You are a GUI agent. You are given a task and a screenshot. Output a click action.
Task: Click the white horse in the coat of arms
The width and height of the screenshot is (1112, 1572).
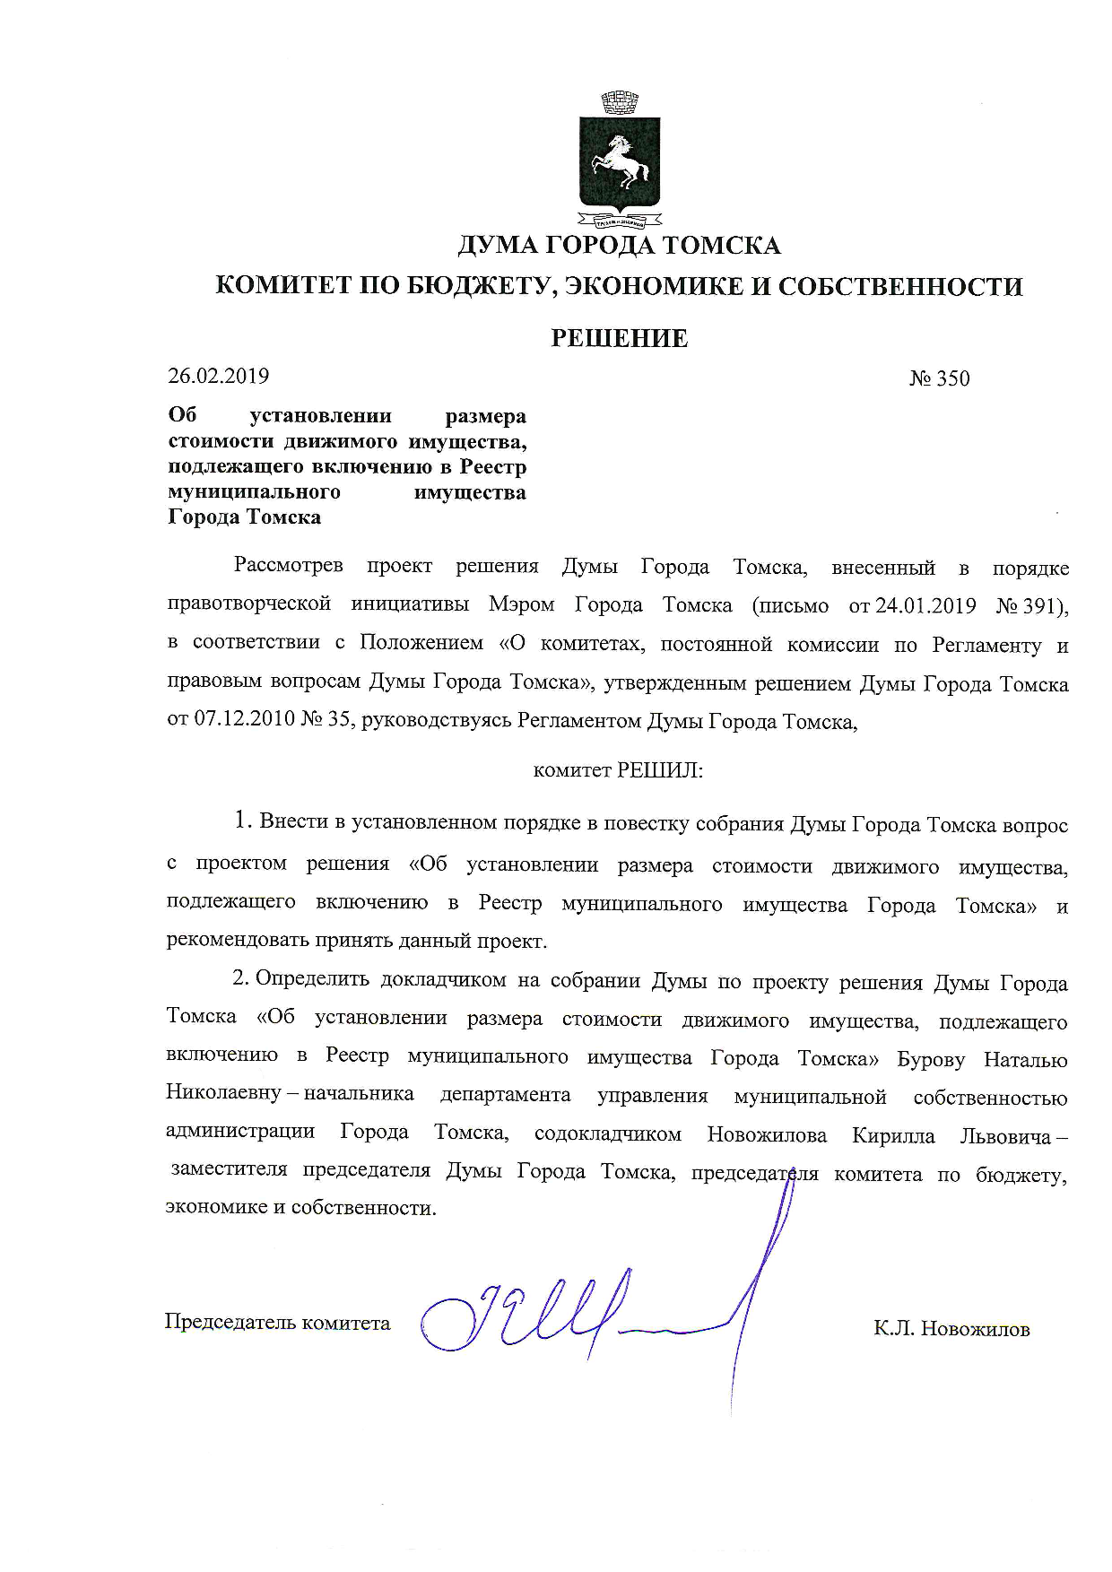(616, 162)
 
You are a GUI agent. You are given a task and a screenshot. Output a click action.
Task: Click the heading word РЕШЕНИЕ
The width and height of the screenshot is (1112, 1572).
(619, 338)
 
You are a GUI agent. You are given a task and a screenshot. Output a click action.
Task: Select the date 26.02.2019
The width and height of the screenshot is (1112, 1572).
(219, 376)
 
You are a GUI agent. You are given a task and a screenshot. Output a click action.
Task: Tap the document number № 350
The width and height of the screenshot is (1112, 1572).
(939, 378)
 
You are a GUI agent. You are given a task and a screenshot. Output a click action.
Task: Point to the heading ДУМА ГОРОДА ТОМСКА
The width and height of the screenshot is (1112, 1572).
(619, 245)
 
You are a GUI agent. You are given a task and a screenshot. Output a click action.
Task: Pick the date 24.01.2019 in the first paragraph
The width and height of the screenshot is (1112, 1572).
(925, 606)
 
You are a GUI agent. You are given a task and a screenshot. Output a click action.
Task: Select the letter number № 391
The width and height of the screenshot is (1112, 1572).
(1031, 606)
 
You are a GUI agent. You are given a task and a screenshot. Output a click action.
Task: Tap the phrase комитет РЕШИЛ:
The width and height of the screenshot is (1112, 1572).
(618, 770)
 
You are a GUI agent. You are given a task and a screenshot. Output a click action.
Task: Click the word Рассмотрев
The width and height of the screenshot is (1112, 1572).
(288, 567)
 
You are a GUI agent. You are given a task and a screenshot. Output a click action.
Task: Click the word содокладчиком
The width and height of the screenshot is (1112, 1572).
(607, 1134)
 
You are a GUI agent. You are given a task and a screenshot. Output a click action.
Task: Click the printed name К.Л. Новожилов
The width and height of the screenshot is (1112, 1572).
(951, 1329)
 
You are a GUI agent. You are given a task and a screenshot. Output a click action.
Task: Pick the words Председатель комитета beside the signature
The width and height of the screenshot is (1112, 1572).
(277, 1323)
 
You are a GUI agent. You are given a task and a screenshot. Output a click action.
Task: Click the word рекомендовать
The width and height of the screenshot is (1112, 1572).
(238, 942)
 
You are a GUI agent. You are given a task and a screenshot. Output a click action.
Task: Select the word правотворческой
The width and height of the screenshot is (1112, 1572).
(249, 604)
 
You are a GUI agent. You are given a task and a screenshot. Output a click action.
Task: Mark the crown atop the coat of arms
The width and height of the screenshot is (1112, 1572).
(619, 102)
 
